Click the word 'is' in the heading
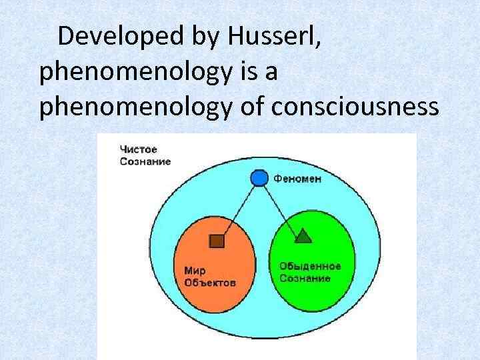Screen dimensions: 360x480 click(254, 72)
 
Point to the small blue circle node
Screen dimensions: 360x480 click(258, 178)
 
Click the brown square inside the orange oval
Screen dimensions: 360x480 click(216, 241)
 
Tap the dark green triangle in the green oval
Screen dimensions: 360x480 click(303, 235)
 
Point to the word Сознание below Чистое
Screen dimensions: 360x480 click(145, 161)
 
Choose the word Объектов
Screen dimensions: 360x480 click(210, 282)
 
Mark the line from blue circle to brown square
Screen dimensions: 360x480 click(237, 209)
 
